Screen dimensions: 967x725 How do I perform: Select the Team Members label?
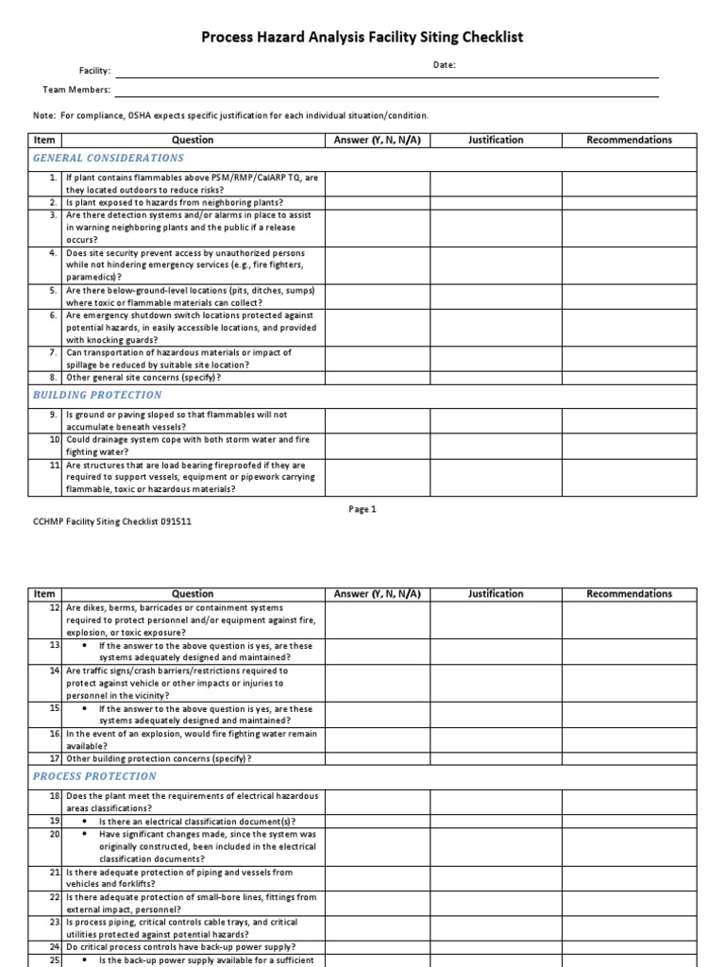[77, 90]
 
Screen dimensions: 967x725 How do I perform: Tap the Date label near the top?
[445, 65]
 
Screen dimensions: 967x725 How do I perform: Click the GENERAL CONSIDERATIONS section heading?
[109, 159]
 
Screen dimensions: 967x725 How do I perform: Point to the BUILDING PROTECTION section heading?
[97, 395]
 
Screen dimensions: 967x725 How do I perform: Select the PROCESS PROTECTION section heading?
[94, 776]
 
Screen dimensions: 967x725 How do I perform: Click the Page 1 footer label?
[362, 509]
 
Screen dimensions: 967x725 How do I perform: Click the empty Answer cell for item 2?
[377, 203]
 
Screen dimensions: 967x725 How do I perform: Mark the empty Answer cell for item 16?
[377, 739]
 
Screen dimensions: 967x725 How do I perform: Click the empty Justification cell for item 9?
[496, 420]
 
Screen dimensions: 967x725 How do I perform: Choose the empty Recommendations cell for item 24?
[630, 947]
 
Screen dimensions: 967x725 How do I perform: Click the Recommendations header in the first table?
[630, 140]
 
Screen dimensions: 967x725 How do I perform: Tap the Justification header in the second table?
[496, 594]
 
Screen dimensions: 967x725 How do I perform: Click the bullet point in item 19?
[86, 822]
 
